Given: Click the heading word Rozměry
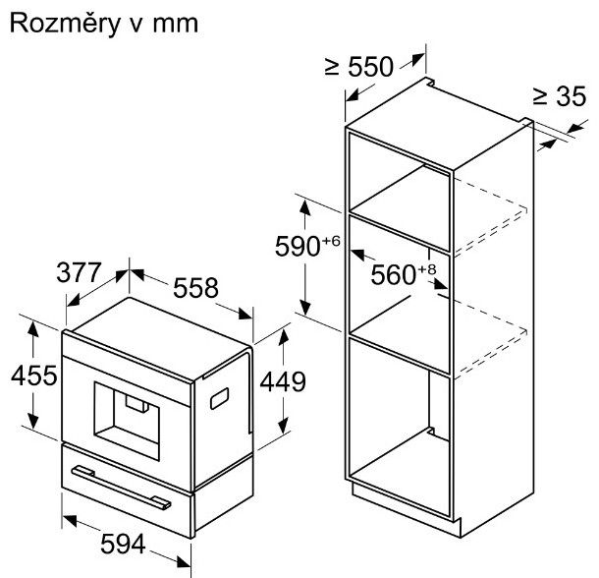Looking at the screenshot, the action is pos(65,25).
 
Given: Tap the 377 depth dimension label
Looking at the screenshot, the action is pos(80,272).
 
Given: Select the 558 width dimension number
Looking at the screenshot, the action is pos(195,288).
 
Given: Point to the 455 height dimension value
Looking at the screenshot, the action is pos(34,376).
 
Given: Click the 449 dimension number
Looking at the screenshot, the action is pos(283,381).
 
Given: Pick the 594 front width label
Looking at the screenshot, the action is pos(123,544).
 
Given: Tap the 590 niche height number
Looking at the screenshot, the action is pos(298,247).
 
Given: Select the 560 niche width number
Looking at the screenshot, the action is pos(393,274).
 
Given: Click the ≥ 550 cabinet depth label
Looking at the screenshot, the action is pos(359,67).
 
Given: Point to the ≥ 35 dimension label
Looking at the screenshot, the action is pos(560,95).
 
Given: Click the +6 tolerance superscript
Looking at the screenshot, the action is pos(331,241).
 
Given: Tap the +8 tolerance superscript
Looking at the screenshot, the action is pos(427,269).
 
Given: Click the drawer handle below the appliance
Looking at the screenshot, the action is pos(121,488).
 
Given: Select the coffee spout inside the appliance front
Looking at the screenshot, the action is pos(136,404).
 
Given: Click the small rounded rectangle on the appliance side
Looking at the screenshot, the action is pos(219,398).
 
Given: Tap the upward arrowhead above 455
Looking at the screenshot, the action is pos(33,329).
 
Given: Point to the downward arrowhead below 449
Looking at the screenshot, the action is pos(283,426).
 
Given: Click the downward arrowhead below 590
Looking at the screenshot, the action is pos(304,307).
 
